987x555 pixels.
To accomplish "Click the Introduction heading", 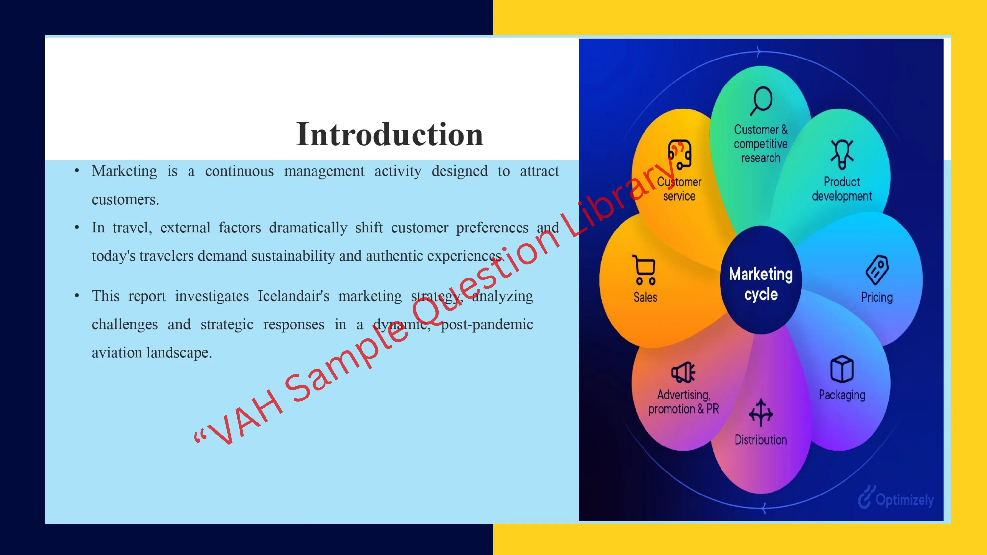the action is pyautogui.click(x=390, y=134).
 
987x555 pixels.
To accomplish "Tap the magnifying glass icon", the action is pyautogui.click(x=761, y=101).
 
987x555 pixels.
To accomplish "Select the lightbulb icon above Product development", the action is pyautogui.click(x=842, y=154).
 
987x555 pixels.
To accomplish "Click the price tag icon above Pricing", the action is pyautogui.click(x=877, y=270).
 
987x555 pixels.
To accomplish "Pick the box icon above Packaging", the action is pyautogui.click(x=842, y=369).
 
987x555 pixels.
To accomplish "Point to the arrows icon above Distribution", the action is pyautogui.click(x=761, y=413).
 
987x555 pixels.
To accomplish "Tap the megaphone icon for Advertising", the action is pyautogui.click(x=683, y=372).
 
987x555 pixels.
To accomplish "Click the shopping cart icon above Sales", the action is pyautogui.click(x=645, y=270).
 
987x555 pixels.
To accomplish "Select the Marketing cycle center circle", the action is pyautogui.click(x=761, y=280).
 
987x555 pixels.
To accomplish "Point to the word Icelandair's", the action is pyautogui.click(x=293, y=296).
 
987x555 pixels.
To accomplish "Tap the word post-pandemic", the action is pyautogui.click(x=487, y=325).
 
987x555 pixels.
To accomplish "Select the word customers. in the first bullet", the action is pyautogui.click(x=125, y=200).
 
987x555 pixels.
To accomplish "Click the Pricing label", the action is pyautogui.click(x=877, y=297).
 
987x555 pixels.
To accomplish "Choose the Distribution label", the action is pyautogui.click(x=761, y=440).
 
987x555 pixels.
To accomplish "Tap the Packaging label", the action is pyautogui.click(x=842, y=395).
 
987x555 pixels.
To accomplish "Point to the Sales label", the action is pyautogui.click(x=645, y=297).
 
